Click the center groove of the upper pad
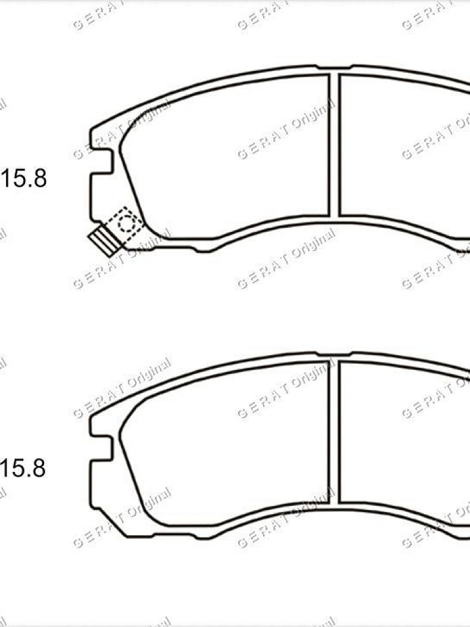(334, 145)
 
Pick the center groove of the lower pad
(334, 432)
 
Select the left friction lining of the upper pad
(226, 153)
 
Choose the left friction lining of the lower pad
(226, 441)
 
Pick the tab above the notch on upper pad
(101, 138)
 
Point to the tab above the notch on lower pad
(101, 426)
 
